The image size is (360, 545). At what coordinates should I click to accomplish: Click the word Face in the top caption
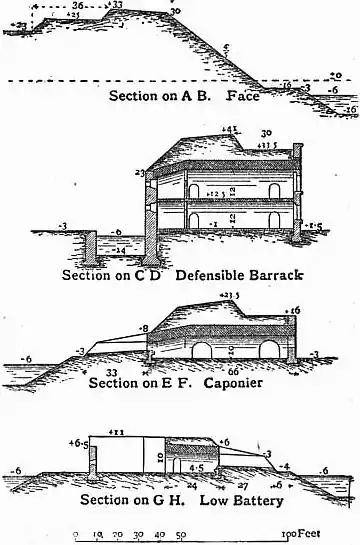pyautogui.click(x=244, y=96)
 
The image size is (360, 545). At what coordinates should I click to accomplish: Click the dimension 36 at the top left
pyautogui.click(x=78, y=5)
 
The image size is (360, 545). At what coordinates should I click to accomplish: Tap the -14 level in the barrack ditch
pyautogui.click(x=121, y=246)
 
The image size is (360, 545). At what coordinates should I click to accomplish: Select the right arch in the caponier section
pyautogui.click(x=266, y=354)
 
